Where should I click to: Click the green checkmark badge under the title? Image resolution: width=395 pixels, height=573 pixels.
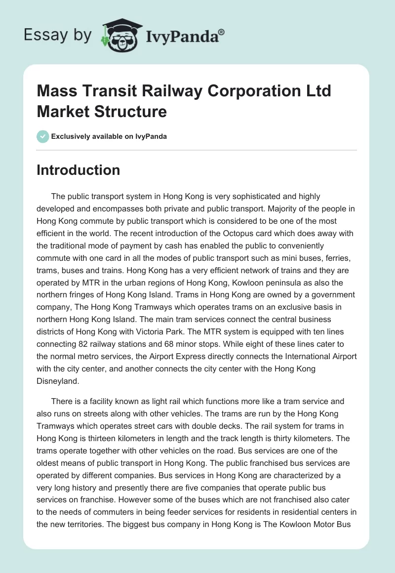pos(42,136)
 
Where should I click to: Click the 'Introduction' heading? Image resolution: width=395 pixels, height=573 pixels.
pos(78,170)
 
